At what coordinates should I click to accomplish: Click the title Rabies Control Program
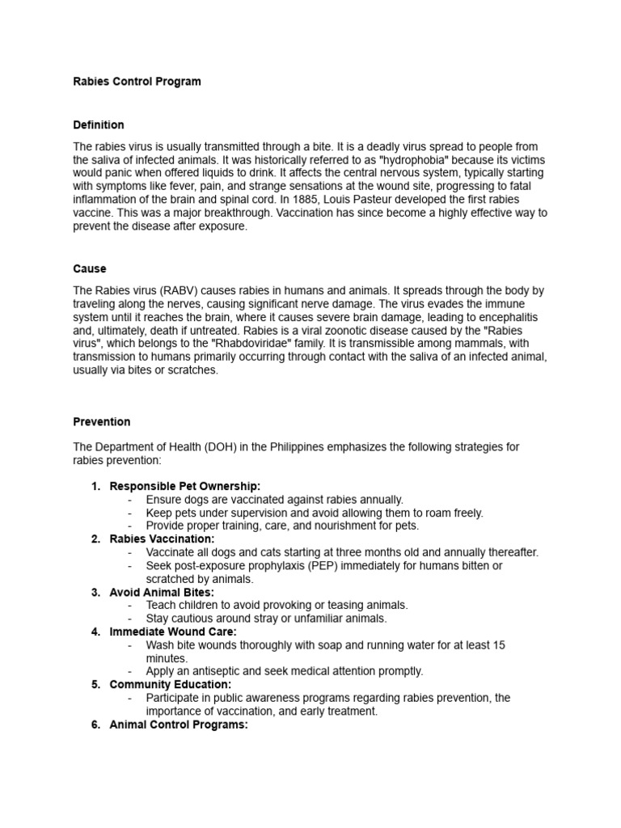pyautogui.click(x=137, y=82)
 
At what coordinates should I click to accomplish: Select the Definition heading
pyautogui.click(x=99, y=125)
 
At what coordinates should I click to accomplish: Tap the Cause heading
pyautogui.click(x=90, y=268)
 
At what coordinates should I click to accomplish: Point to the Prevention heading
pyautogui.click(x=102, y=421)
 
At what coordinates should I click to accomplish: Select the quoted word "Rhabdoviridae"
pyautogui.click(x=261, y=344)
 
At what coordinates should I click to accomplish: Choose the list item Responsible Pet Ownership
pyautogui.click(x=185, y=486)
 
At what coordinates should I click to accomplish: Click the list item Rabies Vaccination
pyautogui.click(x=163, y=539)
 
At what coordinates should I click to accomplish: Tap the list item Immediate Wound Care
pyautogui.click(x=173, y=632)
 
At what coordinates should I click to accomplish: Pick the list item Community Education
pyautogui.click(x=171, y=684)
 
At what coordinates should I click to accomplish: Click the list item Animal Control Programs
pyautogui.click(x=179, y=724)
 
